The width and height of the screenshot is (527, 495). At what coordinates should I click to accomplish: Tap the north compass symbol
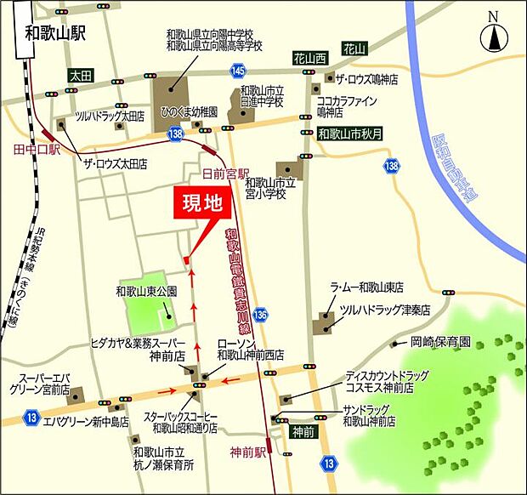point(493,37)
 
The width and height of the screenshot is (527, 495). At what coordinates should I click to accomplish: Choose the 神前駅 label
point(248,451)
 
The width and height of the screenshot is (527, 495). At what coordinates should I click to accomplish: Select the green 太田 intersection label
point(82,74)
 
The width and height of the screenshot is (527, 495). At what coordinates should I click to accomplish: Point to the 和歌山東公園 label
point(146,290)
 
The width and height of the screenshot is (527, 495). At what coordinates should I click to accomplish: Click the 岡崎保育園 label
point(440,342)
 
